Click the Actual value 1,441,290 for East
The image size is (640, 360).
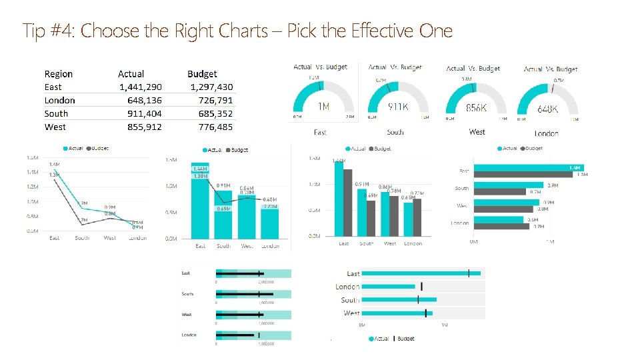click(x=141, y=87)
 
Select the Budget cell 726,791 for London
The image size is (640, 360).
click(x=212, y=101)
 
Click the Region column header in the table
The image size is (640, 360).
click(x=59, y=74)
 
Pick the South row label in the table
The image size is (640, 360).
click(x=56, y=114)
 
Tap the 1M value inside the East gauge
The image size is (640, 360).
click(x=323, y=107)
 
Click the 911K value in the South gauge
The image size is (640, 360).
click(x=399, y=107)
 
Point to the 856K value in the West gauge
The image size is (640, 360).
click(x=476, y=107)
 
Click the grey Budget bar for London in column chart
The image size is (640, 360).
click(x=417, y=217)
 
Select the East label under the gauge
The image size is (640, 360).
click(x=320, y=133)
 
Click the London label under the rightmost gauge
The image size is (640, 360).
click(x=546, y=133)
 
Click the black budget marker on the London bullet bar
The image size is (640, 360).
click(x=421, y=287)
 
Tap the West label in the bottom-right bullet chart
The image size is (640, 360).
click(x=351, y=313)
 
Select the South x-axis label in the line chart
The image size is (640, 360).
click(x=82, y=238)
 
